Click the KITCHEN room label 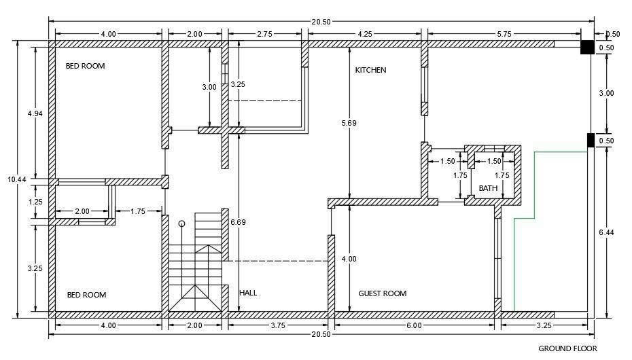pyautogui.click(x=370, y=70)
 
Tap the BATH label pyautogui.click(x=488, y=188)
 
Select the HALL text pyautogui.click(x=248, y=293)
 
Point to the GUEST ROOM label pyautogui.click(x=383, y=293)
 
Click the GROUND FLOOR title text pyautogui.click(x=568, y=348)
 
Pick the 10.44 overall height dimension pyautogui.click(x=16, y=179)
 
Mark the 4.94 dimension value pyautogui.click(x=35, y=113)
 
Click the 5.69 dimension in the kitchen pyautogui.click(x=349, y=123)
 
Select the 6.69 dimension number pyautogui.click(x=239, y=222)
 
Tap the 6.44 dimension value pyautogui.click(x=606, y=232)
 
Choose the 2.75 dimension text pyautogui.click(x=264, y=34)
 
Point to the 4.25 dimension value pyautogui.click(x=365, y=34)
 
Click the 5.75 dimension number pyautogui.click(x=504, y=34)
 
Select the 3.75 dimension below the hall pyautogui.click(x=278, y=325)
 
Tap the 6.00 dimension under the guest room pyautogui.click(x=414, y=325)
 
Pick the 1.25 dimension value pyautogui.click(x=35, y=202)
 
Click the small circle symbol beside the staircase pyautogui.click(x=181, y=223)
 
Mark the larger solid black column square pyautogui.click(x=587, y=47)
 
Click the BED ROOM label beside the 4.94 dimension pyautogui.click(x=86, y=66)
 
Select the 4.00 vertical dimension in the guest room pyautogui.click(x=349, y=259)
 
